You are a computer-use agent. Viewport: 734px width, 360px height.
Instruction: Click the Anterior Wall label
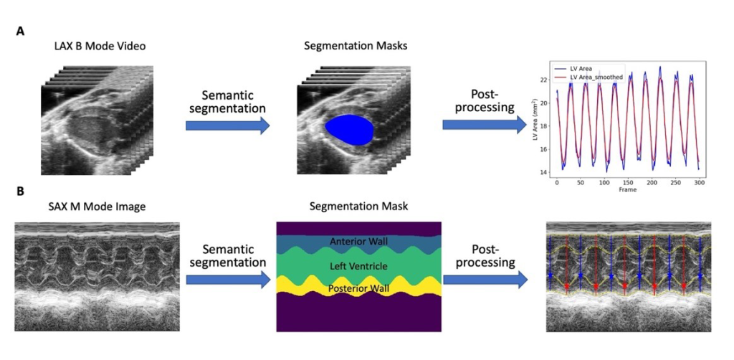click(x=358, y=242)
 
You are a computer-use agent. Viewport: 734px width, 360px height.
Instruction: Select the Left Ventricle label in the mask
click(x=358, y=267)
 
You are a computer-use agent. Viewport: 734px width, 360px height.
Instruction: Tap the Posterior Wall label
click(x=358, y=288)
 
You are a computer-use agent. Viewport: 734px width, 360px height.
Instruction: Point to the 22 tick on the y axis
click(x=544, y=80)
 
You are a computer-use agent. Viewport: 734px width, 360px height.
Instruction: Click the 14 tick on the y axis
click(x=544, y=172)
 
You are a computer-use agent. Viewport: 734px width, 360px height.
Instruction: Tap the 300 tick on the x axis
click(x=699, y=183)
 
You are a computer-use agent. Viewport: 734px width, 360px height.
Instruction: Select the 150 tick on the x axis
click(x=627, y=183)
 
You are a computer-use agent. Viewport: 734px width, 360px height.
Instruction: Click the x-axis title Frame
click(x=627, y=191)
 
